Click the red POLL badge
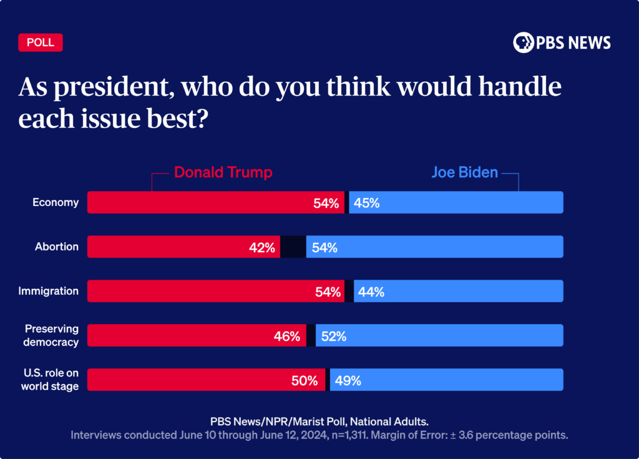coord(41,42)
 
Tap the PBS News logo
coord(562,42)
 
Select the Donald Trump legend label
coord(223,172)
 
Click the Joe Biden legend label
coord(464,172)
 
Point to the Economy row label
coord(56,202)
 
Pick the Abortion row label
coord(57,247)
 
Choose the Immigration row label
coord(49,291)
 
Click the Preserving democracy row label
coord(51,335)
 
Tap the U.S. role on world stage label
coord(51,380)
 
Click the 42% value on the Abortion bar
coord(261,247)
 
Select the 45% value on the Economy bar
coord(367,203)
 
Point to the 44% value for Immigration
coord(371,292)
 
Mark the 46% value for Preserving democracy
coord(287,336)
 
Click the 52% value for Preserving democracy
coord(333,336)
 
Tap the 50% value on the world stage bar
coord(305,380)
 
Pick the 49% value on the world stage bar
coord(348,380)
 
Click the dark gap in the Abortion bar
coord(293,247)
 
